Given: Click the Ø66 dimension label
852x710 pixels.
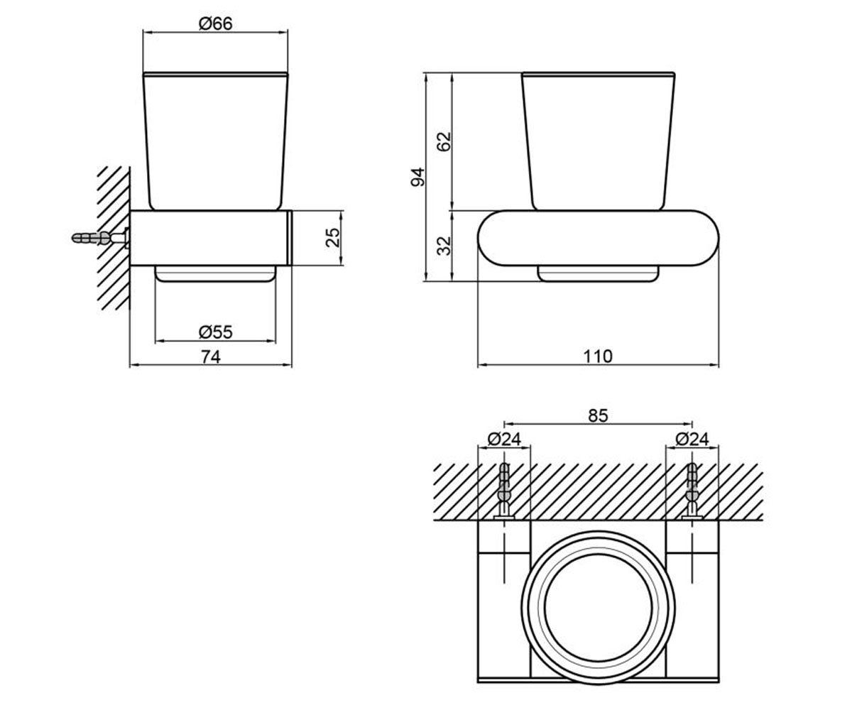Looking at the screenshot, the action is (215, 23).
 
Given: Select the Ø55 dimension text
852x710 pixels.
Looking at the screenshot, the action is (215, 332).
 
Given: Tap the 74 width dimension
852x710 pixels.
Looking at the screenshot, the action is (211, 357).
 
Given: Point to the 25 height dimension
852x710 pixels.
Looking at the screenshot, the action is (333, 237).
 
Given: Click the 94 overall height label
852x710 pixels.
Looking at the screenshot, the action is (417, 177).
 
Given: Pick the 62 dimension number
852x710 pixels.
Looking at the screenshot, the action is (444, 141).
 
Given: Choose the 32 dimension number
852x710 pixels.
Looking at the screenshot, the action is (444, 246).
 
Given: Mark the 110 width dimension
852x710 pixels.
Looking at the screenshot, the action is (598, 356).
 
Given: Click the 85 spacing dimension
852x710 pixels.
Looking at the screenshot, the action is (599, 416).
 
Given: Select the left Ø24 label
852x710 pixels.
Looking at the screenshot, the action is (504, 439).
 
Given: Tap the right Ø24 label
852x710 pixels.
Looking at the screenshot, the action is (692, 439).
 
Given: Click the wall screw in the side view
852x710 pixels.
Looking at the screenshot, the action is (100, 239).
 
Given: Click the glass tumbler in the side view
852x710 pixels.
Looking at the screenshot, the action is (215, 141).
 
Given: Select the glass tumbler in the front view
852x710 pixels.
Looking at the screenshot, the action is (599, 141).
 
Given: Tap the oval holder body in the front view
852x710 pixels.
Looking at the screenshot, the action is (599, 239).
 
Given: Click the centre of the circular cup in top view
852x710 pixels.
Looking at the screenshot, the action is (599, 608).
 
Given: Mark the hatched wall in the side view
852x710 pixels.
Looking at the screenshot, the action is (114, 239).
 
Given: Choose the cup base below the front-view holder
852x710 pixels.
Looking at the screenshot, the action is (599, 274).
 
